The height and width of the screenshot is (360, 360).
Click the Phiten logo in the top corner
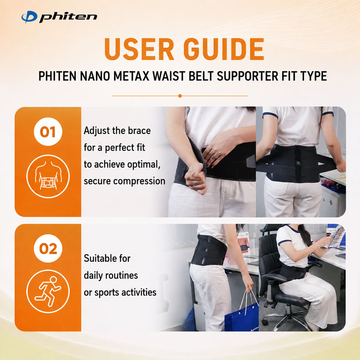(59, 17)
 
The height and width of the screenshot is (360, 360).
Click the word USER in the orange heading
(139, 49)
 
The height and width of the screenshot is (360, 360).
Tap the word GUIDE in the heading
(224, 49)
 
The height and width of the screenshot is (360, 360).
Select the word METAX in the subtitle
(131, 76)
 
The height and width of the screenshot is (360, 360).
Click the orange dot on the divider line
(180, 96)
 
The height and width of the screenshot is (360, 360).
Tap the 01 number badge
(48, 131)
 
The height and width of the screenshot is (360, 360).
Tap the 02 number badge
(48, 248)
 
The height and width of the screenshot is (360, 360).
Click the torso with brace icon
(48, 176)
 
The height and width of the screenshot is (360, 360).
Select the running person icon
(48, 291)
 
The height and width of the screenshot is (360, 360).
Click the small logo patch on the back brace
(298, 163)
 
